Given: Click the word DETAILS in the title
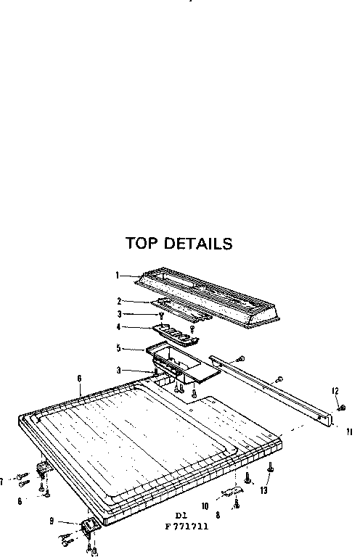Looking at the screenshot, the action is click(x=198, y=244).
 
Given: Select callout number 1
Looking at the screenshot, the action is click(x=117, y=276).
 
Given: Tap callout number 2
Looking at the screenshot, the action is click(x=120, y=301).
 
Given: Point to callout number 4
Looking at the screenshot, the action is click(x=119, y=327).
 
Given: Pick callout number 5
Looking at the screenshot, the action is click(x=119, y=348).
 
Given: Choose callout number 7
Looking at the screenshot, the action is click(x=1, y=482).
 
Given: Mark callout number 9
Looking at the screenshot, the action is click(x=52, y=521).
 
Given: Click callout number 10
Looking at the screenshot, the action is click(x=205, y=506).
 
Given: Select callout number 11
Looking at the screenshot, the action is click(x=350, y=432).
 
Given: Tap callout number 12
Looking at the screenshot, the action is click(x=335, y=391).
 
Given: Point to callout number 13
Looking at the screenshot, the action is click(x=263, y=490).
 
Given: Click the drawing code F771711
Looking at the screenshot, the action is click(x=187, y=527).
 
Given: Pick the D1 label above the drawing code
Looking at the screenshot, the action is click(x=181, y=516).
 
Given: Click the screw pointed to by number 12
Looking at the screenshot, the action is click(x=342, y=408).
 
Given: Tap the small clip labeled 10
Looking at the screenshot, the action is click(x=232, y=491).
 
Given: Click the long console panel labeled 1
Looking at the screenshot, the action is click(x=207, y=296).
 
